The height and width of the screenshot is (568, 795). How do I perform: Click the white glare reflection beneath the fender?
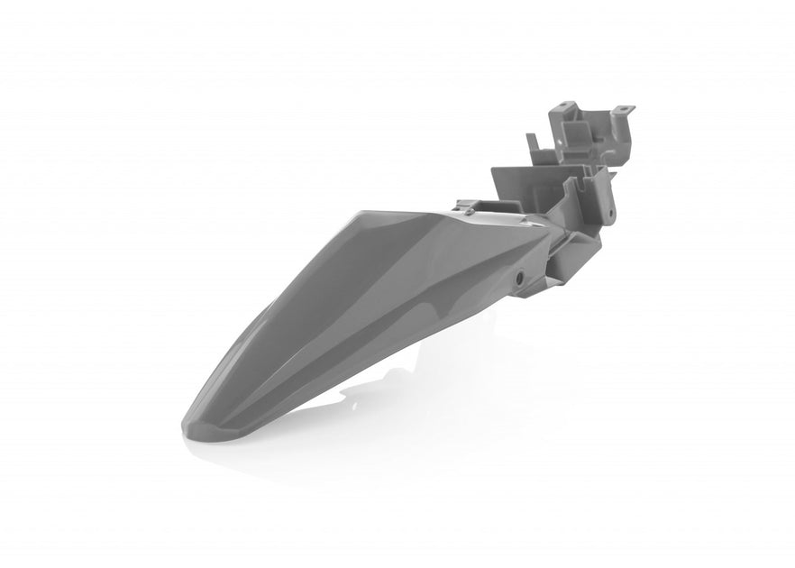361,397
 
